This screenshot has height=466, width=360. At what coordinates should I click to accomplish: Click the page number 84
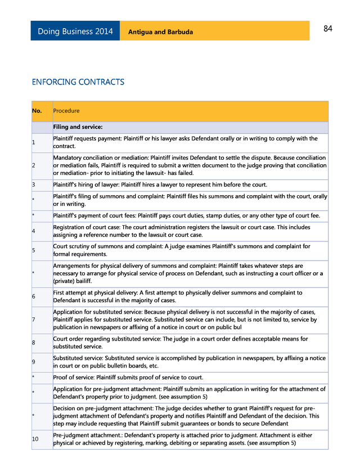coord(328,29)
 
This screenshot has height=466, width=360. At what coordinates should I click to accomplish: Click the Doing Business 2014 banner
coord(75,32)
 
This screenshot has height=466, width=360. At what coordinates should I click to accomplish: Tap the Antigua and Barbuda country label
coord(160,32)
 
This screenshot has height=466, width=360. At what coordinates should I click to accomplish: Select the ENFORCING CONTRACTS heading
coord(78,82)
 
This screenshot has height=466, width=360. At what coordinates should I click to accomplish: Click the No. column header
coord(37,111)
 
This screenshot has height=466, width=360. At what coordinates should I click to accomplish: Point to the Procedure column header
coord(66,111)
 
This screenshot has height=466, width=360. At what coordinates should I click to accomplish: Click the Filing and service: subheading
coord(78,127)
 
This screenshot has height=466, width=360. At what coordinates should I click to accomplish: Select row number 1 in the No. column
coord(34,142)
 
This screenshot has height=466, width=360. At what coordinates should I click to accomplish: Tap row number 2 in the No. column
coord(34,165)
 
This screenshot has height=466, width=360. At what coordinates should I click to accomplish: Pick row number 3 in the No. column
coord(34,185)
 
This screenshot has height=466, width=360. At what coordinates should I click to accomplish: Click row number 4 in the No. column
coord(34,231)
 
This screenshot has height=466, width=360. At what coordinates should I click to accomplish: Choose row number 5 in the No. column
coord(34,250)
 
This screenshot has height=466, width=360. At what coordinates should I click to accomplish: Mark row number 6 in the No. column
coord(34,297)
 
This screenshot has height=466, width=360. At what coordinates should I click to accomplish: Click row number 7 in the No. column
coord(34,320)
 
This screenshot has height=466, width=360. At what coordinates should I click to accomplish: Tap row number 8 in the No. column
coord(34,343)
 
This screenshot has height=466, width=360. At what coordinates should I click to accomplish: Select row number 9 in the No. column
coord(34,362)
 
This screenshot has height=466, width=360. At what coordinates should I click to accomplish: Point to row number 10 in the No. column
coord(35,439)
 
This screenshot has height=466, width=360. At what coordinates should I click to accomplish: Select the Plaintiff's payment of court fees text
coord(186,216)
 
